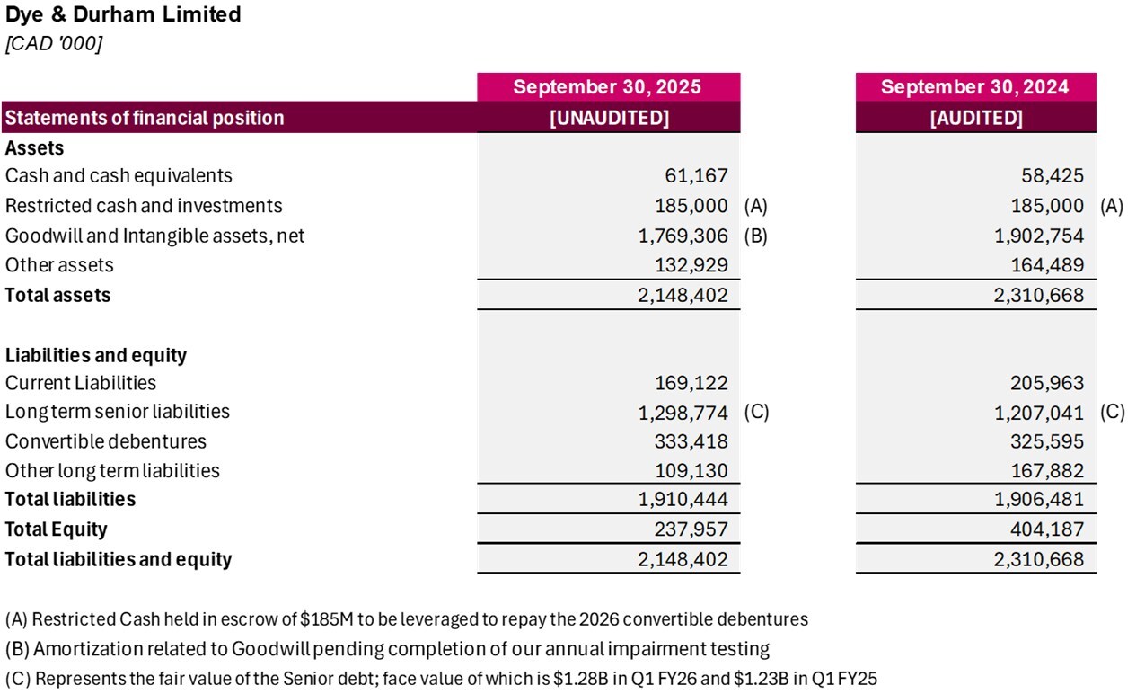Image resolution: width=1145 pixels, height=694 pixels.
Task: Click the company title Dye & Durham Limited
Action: click(x=123, y=14)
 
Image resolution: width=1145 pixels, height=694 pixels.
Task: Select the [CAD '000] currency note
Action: click(x=53, y=44)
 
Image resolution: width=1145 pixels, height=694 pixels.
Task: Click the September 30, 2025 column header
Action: click(x=607, y=87)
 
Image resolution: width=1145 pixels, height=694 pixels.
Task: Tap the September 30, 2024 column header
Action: click(x=974, y=87)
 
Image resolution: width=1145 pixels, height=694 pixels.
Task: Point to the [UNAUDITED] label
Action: click(x=609, y=118)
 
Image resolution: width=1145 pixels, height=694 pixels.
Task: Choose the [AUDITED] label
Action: click(x=975, y=118)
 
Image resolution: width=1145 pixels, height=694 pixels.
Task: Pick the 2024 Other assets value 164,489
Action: click(x=1047, y=265)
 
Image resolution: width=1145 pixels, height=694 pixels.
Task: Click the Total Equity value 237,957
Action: click(x=691, y=529)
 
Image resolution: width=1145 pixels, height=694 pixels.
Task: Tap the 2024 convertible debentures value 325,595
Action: click(x=1047, y=441)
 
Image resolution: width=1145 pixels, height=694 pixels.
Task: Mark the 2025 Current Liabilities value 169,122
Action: click(x=691, y=383)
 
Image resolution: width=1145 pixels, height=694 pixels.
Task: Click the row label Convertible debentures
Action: click(x=106, y=441)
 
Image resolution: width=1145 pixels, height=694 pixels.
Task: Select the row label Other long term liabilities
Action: click(x=112, y=470)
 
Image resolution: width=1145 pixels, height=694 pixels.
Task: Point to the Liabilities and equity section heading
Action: click(x=96, y=355)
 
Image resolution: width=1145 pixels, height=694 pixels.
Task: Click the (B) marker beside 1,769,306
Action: click(x=755, y=236)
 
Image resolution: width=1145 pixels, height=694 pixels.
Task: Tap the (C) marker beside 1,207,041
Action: click(x=1112, y=412)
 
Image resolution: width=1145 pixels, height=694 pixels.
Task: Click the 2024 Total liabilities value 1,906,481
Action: click(x=1040, y=499)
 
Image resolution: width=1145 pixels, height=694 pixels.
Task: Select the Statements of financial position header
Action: click(x=145, y=118)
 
